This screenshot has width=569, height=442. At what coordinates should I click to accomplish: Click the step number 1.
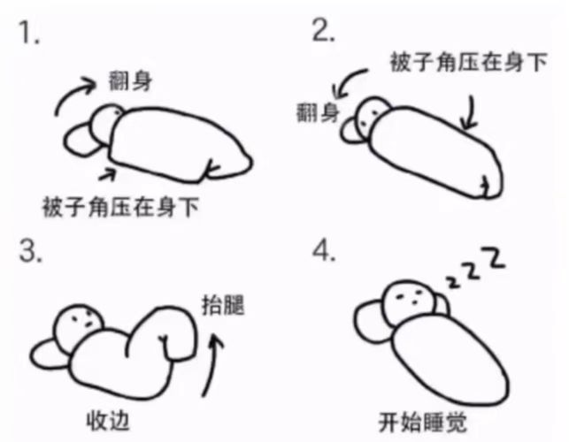pyautogui.click(x=29, y=33)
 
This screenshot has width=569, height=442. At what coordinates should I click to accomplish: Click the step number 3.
pyautogui.click(x=31, y=251)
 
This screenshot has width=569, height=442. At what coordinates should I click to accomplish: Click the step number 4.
pyautogui.click(x=324, y=251)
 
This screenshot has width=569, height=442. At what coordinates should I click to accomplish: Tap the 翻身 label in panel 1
pyautogui.click(x=131, y=80)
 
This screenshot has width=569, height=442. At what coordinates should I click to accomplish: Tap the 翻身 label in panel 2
pyautogui.click(x=318, y=112)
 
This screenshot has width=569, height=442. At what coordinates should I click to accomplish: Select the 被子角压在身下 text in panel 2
pyautogui.click(x=468, y=62)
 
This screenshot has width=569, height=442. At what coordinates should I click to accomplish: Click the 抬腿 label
pyautogui.click(x=223, y=305)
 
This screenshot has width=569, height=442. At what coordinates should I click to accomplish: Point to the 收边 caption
pyautogui.click(x=108, y=421)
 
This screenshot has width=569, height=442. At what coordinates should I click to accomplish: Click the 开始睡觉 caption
pyautogui.click(x=422, y=423)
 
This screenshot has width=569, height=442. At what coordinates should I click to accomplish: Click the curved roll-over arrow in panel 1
pyautogui.click(x=69, y=92)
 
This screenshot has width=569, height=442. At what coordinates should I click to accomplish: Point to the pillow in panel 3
pyautogui.click(x=50, y=354)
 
